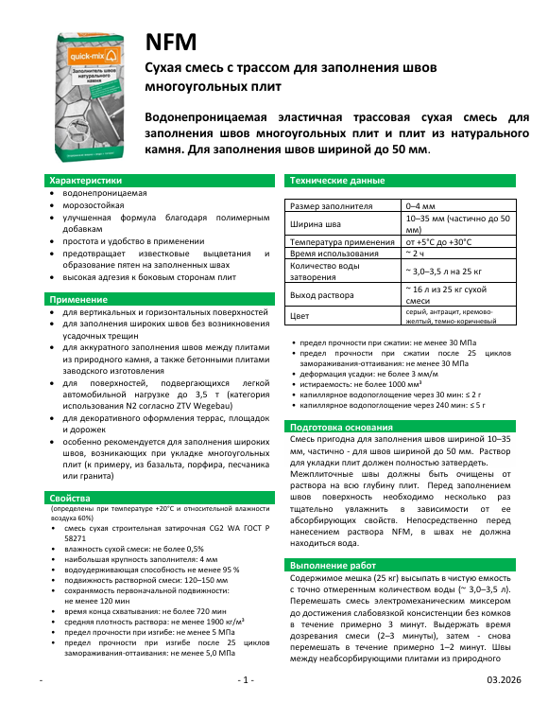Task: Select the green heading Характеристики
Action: coord(86,180)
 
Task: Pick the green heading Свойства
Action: coord(73,498)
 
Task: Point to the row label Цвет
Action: coord(300,316)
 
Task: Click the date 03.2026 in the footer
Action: coord(503,707)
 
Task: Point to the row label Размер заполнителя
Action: coord(331,205)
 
